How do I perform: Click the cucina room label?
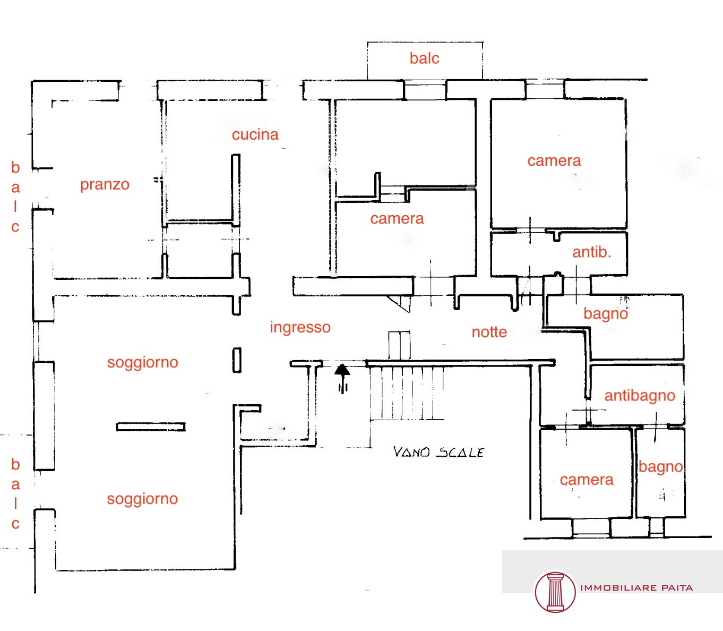coord(255,135)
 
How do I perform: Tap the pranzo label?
coord(105,185)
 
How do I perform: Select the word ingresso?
coord(300,328)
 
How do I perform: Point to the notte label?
coord(489,332)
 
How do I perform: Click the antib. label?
coord(591,252)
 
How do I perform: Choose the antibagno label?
coord(640,396)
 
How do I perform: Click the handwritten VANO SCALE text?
coord(438,452)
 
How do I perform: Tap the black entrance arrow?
coord(342,378)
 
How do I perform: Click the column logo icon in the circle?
coord(555,592)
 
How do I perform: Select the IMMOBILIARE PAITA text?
coord(636,588)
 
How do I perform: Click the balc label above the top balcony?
coord(424,58)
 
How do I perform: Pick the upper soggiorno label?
coord(142,363)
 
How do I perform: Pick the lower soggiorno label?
coord(142,499)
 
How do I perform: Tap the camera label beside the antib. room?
coord(554,161)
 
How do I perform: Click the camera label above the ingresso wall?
coord(397,219)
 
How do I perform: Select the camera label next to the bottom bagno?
coord(587,480)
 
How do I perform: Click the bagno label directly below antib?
coord(605,314)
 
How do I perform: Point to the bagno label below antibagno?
coord(660,467)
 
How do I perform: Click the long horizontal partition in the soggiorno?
coord(151,427)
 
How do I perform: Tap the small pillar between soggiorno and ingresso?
coord(237,360)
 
